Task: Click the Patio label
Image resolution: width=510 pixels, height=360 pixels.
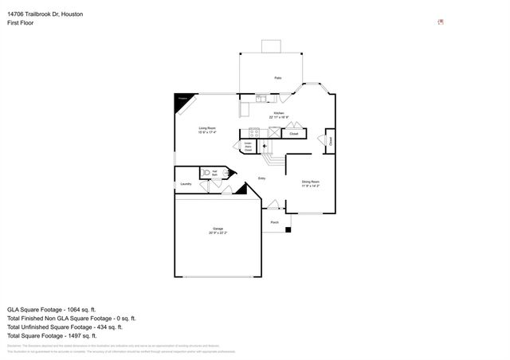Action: click(x=277, y=78)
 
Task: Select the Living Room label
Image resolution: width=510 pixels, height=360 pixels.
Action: click(x=207, y=129)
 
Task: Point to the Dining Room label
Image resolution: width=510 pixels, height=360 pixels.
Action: click(x=310, y=183)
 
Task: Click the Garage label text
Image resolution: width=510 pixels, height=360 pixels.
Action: click(x=218, y=230)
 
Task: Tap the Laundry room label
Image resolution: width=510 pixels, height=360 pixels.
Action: click(x=186, y=184)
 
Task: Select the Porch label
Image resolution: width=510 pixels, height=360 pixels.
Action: click(x=274, y=222)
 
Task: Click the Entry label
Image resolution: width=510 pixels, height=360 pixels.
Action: click(x=261, y=178)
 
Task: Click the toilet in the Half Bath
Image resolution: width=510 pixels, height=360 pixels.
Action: click(x=206, y=172)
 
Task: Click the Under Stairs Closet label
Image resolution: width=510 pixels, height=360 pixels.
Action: click(x=249, y=146)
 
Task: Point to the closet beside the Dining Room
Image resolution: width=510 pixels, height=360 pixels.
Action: click(x=329, y=141)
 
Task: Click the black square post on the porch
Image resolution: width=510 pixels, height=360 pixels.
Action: click(x=288, y=230)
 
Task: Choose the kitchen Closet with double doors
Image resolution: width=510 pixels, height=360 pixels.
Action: click(x=293, y=133)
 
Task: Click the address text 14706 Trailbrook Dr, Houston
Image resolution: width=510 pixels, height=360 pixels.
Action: click(x=45, y=14)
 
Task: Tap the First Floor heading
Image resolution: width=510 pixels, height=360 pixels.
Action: click(x=21, y=24)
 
